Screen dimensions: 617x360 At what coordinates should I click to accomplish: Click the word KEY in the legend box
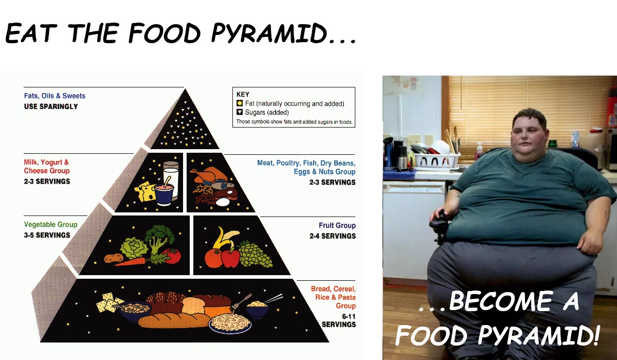point(243,95)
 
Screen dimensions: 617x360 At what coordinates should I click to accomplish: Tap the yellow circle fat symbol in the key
point(240,103)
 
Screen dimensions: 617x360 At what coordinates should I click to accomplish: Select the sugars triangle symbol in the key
point(240,112)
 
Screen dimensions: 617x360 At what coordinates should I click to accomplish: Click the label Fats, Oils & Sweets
point(55,96)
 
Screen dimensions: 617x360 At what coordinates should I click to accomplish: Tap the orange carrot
point(130,261)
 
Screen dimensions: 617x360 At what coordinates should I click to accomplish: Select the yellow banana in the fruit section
point(225,238)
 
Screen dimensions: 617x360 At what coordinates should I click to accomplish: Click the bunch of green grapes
point(255,254)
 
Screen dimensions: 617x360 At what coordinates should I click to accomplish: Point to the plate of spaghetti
point(230,323)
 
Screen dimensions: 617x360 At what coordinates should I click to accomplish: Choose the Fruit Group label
point(337,226)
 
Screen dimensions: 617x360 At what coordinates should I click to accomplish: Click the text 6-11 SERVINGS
point(339,320)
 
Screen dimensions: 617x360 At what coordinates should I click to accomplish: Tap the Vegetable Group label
point(50,225)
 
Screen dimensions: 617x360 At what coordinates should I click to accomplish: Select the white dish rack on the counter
point(437,160)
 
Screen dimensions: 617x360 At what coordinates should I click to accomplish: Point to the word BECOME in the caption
point(501,301)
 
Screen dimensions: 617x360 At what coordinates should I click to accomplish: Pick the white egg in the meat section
point(223,202)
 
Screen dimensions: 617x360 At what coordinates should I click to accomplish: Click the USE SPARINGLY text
point(51,106)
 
